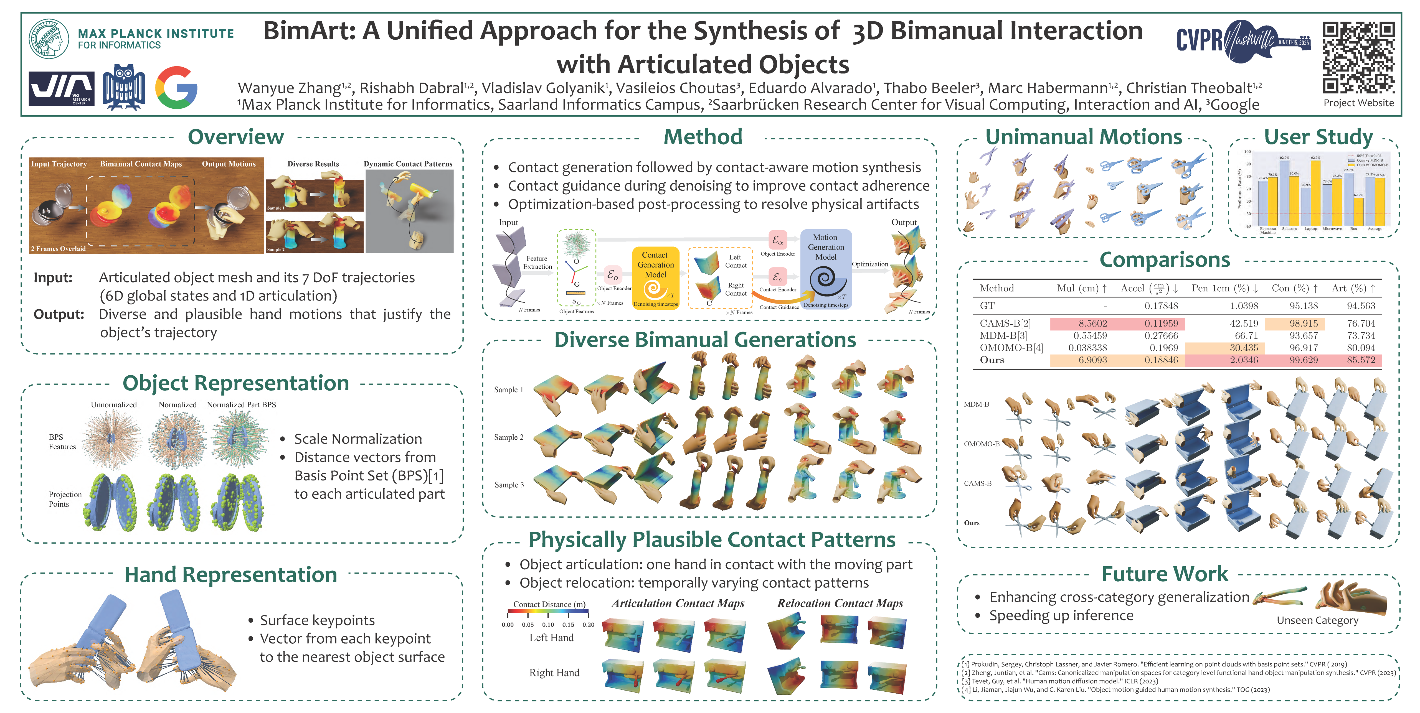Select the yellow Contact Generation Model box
coord(655,278)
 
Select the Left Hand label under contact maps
coord(551,638)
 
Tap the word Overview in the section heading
coord(236,137)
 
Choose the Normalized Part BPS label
coord(242,404)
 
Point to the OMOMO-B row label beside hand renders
coord(981,444)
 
